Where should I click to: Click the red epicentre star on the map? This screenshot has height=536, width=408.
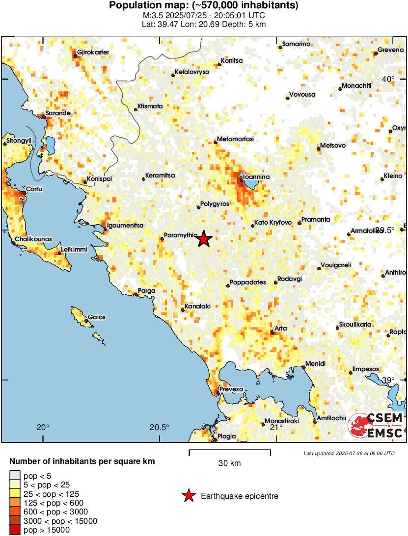[204, 239]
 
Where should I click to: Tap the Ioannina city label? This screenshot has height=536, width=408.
[257, 177]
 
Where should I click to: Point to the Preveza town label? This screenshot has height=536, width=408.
[231, 389]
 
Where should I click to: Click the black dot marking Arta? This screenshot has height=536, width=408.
[272, 332]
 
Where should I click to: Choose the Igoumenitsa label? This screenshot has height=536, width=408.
[125, 225]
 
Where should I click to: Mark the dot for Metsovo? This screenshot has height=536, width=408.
[319, 149]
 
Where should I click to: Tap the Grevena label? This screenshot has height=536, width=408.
[390, 50]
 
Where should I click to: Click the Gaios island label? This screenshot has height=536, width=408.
[97, 317]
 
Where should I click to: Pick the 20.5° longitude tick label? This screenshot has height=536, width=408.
[159, 427]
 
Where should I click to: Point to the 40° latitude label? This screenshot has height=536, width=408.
[388, 79]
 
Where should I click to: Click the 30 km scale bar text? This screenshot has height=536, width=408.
[229, 463]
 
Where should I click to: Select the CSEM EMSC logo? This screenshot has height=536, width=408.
[376, 425]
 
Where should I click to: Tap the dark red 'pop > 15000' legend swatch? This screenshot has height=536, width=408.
[15, 530]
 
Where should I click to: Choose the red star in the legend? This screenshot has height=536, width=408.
[188, 496]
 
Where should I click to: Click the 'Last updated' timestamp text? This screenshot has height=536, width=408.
[349, 453]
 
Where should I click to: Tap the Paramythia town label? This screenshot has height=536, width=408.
[181, 234]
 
